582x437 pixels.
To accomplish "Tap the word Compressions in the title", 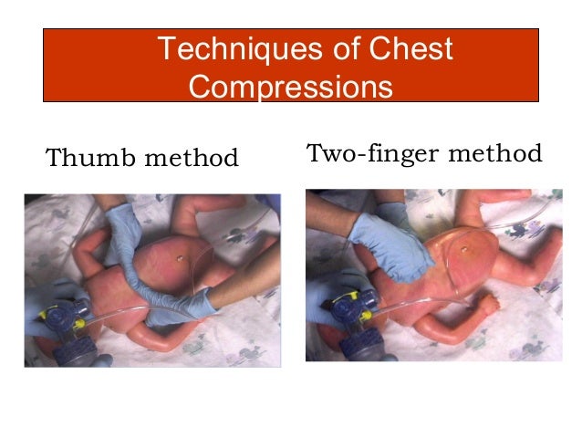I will [292, 88].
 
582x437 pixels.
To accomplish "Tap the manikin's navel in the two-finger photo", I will [466, 247].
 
